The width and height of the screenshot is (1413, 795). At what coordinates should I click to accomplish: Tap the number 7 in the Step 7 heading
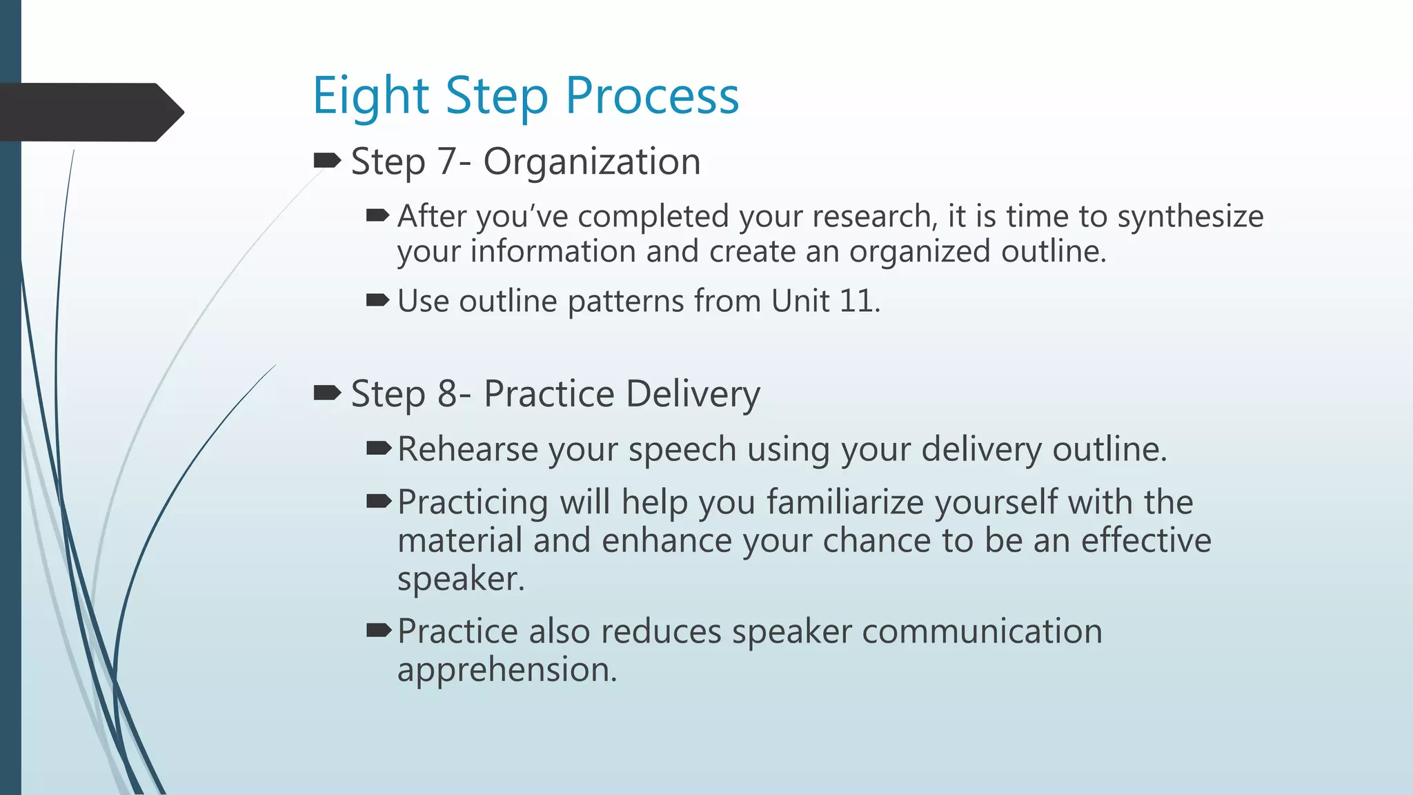tap(446, 162)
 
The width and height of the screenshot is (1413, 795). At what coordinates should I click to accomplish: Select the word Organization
tap(592, 162)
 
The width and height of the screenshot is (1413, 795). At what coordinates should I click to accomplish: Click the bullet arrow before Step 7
tap(327, 161)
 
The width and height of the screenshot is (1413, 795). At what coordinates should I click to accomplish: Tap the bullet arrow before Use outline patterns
tap(378, 300)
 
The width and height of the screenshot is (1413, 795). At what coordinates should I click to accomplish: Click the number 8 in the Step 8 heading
tap(447, 394)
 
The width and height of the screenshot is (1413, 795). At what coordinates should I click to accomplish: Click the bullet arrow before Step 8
tap(327, 393)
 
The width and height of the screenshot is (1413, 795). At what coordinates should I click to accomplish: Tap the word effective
tap(1145, 540)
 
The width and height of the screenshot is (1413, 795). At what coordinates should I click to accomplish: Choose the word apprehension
tap(506, 670)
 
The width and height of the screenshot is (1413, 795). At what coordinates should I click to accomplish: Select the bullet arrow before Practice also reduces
tap(379, 630)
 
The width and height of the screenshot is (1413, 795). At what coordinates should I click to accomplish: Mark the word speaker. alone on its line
tap(461, 579)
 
